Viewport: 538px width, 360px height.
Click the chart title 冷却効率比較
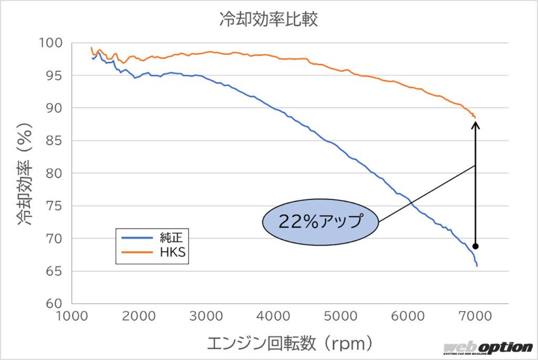pyautogui.click(x=269, y=20)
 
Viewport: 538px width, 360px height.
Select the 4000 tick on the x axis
pyautogui.click(x=274, y=316)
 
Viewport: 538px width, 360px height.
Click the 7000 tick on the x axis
pyautogui.click(x=475, y=316)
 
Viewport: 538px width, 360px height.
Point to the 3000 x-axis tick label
pyautogui.click(x=206, y=316)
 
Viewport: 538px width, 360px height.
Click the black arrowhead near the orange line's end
pyautogui.click(x=475, y=125)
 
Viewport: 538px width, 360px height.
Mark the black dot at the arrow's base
pyautogui.click(x=475, y=246)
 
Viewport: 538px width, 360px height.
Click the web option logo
pyautogui.click(x=488, y=348)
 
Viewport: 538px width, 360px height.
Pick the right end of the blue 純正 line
pyautogui.click(x=477, y=266)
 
